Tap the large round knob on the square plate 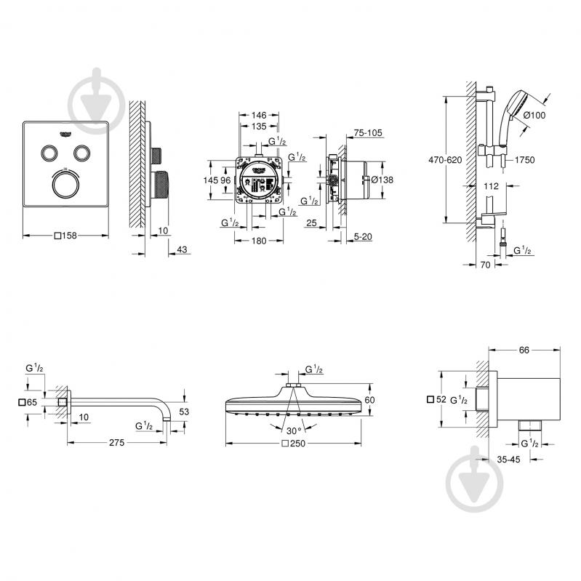66,185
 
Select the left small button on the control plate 49,152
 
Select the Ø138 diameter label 381,180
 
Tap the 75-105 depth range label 367,133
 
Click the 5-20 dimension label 364,236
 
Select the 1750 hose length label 525,159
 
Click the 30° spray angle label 294,429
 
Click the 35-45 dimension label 508,459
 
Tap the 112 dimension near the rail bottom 492,186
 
